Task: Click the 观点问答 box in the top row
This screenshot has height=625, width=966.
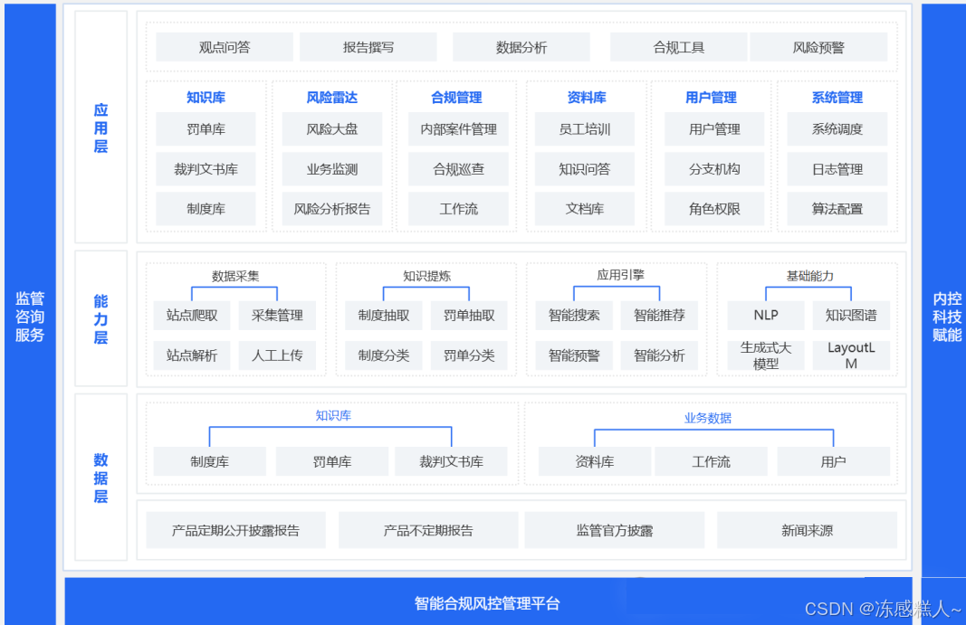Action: [224, 47]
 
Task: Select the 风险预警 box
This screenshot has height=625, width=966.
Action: [818, 47]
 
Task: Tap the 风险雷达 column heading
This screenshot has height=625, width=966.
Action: [332, 98]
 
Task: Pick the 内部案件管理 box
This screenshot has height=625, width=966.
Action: [459, 129]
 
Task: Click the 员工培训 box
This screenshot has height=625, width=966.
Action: [585, 129]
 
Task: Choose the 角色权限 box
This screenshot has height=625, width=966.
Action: [714, 209]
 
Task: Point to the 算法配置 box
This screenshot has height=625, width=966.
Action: [837, 209]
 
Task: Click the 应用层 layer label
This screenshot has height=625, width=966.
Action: [100, 128]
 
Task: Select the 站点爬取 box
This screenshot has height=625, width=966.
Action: [192, 316]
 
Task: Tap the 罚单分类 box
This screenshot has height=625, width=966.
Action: [469, 355]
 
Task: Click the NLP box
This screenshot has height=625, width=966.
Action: [766, 316]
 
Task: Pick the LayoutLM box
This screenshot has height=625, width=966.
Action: [851, 355]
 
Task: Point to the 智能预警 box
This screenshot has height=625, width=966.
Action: [574, 355]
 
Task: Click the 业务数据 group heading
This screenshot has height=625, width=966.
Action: [708, 418]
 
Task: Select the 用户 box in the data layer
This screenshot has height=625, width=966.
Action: [833, 461]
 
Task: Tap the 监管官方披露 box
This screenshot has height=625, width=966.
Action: [615, 530]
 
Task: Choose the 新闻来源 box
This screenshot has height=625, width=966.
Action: [807, 530]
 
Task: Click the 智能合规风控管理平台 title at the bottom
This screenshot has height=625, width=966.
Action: [487, 603]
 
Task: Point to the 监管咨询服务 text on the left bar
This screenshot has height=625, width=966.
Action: [30, 317]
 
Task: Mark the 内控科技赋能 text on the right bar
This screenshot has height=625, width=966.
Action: [947, 317]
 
